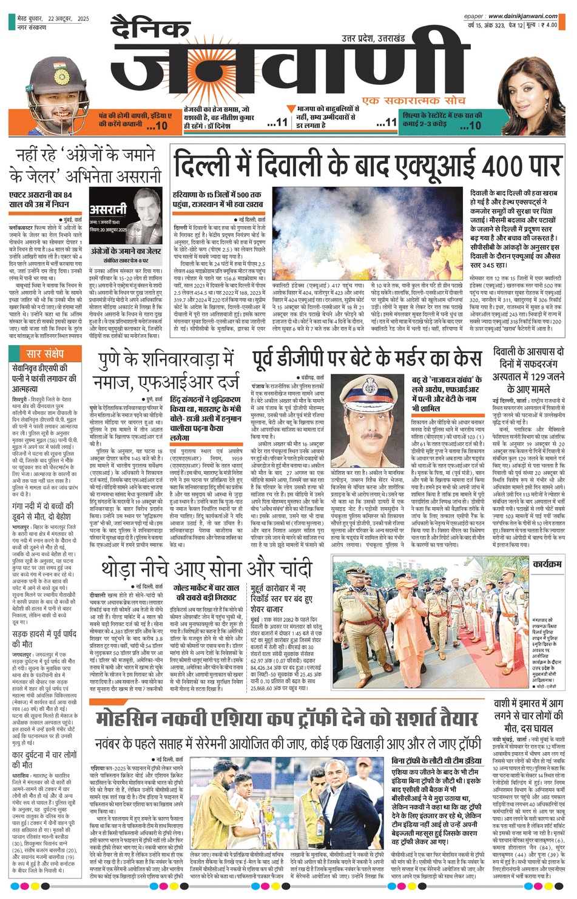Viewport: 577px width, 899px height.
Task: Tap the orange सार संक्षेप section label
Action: point(46,354)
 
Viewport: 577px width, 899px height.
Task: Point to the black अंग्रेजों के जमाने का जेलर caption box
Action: point(126,251)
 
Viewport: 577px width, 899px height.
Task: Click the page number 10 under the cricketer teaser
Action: point(161,126)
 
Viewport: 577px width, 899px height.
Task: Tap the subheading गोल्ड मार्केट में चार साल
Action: point(206,588)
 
